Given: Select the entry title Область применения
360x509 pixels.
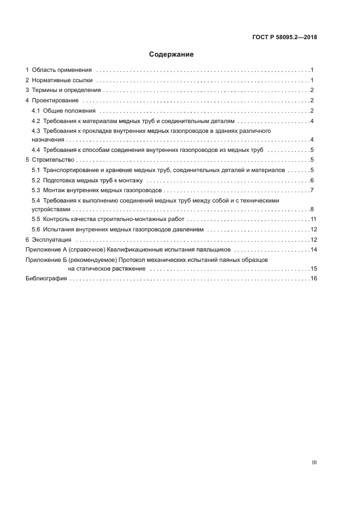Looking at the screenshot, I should coord(62,70).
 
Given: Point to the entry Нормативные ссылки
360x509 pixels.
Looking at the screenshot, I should coord(63,81).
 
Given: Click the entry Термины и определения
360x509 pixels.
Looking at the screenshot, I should coord(66,90).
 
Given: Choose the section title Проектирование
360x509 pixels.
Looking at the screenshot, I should coord(56,101).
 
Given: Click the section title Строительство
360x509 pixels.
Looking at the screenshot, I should coord(52,160).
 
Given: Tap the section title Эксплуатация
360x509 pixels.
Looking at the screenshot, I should coord(52,240).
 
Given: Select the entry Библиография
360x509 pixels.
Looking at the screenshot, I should coord(46,279).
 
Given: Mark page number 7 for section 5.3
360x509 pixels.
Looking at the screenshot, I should coord(312,190).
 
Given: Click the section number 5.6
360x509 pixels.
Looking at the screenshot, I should coord(36,230).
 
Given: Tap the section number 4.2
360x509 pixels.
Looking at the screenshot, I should coord(36,121).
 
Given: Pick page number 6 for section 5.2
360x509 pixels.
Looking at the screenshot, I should coord(312,180).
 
